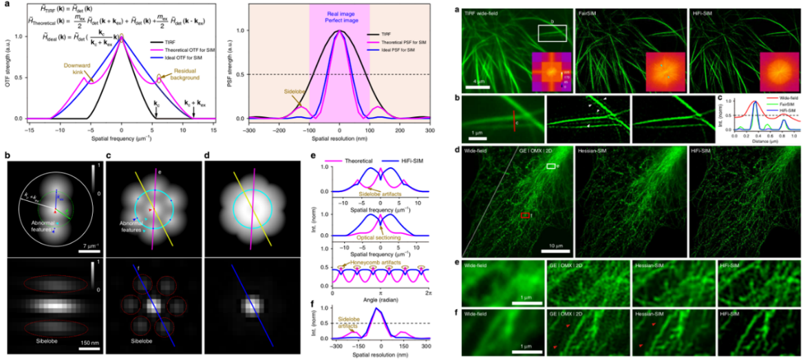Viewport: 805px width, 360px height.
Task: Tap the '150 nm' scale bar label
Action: [87, 341]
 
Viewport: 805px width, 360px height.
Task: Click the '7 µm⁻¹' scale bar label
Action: [86, 245]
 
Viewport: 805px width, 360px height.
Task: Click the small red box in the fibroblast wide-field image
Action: [525, 215]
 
